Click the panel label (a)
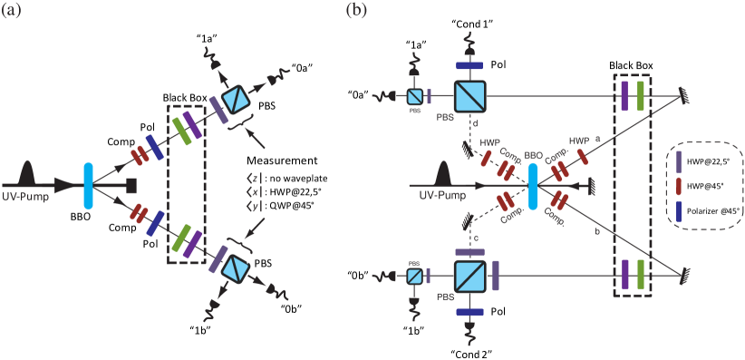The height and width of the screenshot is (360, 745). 13,12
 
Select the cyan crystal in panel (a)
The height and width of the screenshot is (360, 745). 88,185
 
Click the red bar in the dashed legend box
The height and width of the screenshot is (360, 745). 678,187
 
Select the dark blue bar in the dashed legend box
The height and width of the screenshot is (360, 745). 678,212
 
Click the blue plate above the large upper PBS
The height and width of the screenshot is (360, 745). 472,65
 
